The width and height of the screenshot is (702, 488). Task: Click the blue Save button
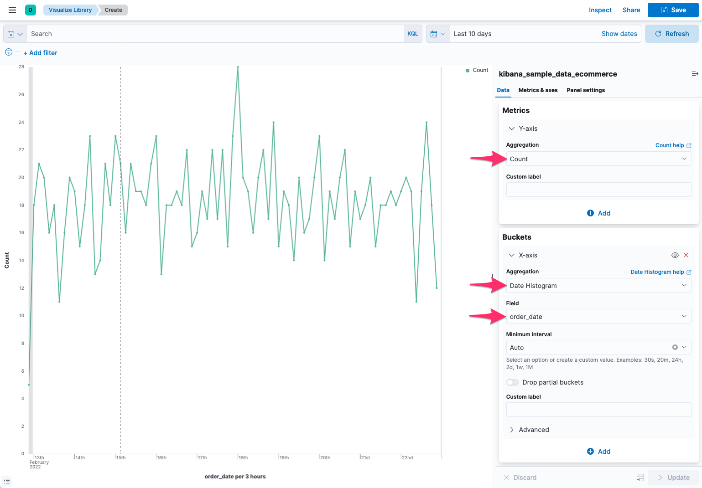tap(673, 10)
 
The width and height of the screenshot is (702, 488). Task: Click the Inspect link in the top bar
tap(600, 10)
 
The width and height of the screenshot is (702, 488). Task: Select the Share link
tap(631, 10)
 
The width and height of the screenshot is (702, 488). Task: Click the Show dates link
tap(619, 34)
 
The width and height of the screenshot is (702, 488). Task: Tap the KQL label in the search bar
tap(412, 34)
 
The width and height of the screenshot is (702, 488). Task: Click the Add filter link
tap(41, 53)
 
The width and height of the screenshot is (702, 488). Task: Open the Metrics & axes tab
tap(538, 90)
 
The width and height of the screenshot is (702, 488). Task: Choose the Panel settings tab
tap(585, 90)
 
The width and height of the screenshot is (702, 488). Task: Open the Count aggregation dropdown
tap(598, 159)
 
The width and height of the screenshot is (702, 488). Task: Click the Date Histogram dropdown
tap(598, 286)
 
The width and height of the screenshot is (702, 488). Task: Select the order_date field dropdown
tap(598, 317)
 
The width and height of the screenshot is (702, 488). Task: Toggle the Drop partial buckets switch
tap(513, 382)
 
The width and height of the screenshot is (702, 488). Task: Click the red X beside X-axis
tap(686, 255)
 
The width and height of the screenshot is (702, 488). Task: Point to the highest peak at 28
tap(238, 67)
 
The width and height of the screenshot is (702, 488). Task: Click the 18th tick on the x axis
tap(243, 457)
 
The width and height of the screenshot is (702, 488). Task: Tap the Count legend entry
tap(477, 70)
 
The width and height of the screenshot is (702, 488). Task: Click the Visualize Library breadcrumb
tap(70, 10)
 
